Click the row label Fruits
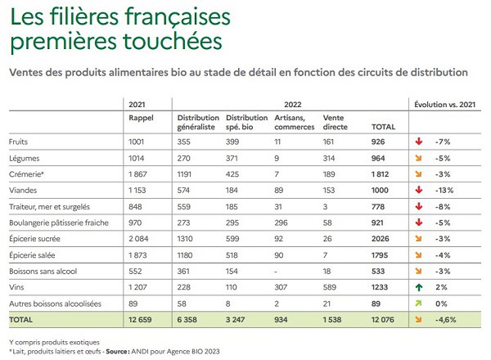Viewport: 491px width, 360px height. click(19, 142)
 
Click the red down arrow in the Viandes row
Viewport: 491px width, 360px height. click(418, 189)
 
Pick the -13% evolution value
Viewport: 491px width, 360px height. click(444, 189)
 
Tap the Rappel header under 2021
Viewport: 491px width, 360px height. click(142, 117)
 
